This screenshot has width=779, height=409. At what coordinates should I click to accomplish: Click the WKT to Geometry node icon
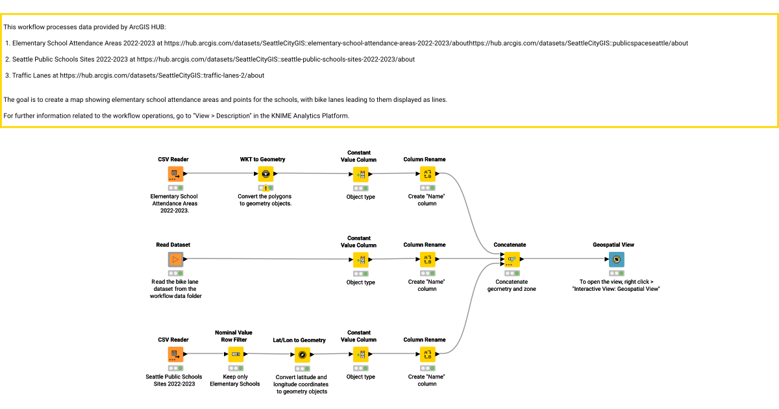[266, 174]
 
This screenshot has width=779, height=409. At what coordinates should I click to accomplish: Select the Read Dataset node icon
[176, 260]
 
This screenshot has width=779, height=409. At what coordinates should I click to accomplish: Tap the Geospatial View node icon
[617, 260]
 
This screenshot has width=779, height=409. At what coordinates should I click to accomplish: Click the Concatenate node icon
[512, 260]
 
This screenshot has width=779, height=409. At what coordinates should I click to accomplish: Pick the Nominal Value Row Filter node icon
[236, 354]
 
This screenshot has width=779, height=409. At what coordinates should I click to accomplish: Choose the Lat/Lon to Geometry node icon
[303, 354]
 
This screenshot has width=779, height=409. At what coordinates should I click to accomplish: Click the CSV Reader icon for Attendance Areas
[176, 174]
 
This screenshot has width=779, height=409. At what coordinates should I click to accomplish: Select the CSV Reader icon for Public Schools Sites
[176, 354]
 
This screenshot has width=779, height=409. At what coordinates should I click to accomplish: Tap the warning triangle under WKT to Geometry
[266, 188]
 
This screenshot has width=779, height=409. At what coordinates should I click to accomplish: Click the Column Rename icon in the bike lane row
[427, 260]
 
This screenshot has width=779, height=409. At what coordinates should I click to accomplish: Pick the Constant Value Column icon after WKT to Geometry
[361, 174]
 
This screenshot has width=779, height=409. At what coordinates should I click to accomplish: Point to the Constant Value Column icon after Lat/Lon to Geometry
[361, 354]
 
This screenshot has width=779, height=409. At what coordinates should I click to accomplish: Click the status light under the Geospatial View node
[617, 273]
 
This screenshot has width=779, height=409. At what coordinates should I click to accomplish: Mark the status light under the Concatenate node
[512, 273]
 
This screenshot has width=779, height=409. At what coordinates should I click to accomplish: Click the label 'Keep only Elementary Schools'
[235, 380]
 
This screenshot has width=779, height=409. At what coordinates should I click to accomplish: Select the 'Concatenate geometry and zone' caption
[512, 285]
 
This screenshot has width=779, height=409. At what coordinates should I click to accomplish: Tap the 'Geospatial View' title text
[613, 245]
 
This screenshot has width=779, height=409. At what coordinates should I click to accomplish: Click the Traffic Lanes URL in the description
[162, 75]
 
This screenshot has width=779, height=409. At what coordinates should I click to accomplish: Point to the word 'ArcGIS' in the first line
[139, 27]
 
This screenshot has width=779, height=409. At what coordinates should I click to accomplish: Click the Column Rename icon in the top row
[427, 174]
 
